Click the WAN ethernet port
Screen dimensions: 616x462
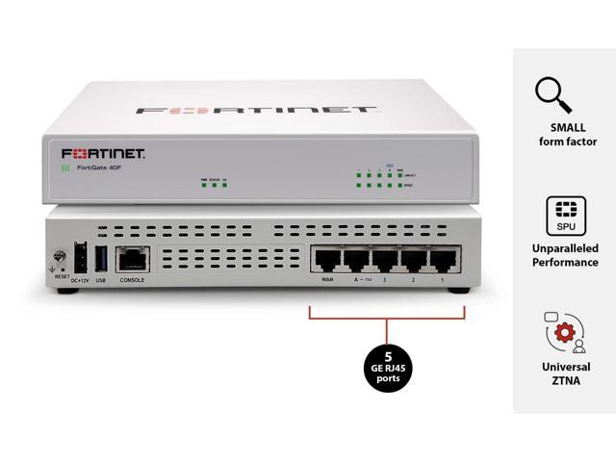(x=325, y=260)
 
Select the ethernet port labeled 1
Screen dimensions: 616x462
(x=445, y=260)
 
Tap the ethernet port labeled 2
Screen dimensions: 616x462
(x=415, y=260)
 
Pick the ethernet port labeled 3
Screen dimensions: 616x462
(x=385, y=260)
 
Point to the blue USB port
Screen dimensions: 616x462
(x=99, y=257)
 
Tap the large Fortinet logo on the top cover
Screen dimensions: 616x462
(x=255, y=110)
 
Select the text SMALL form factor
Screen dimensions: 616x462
(x=566, y=135)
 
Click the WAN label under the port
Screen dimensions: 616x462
(x=325, y=281)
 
